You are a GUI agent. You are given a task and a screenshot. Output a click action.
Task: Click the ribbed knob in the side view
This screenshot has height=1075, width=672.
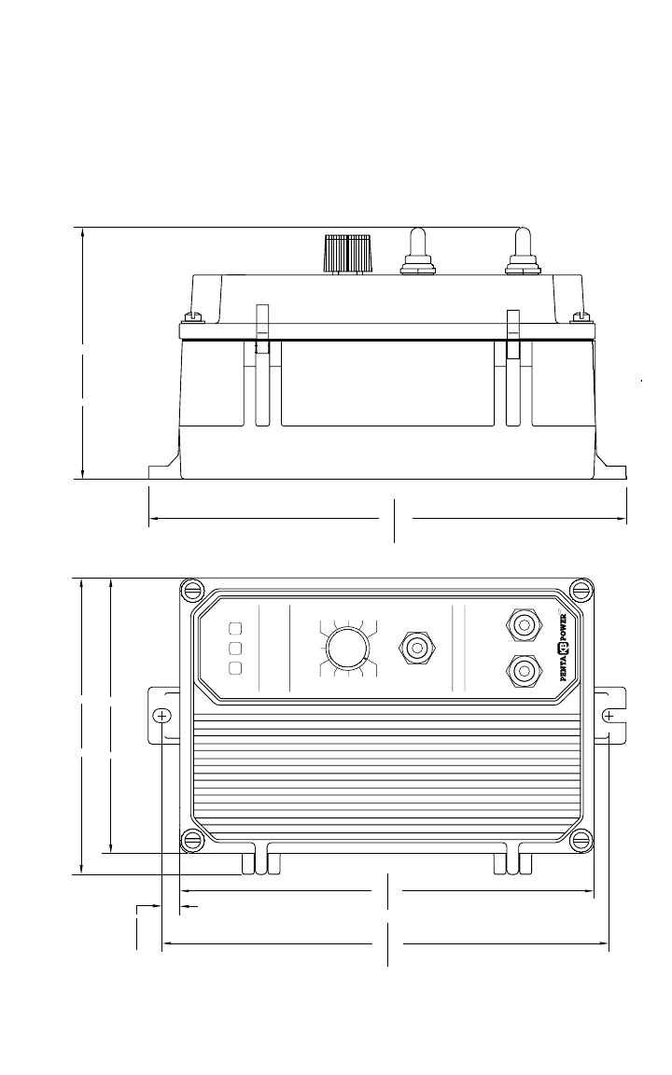[x=346, y=253]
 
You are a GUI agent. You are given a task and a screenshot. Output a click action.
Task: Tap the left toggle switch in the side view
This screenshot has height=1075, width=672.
[x=417, y=253]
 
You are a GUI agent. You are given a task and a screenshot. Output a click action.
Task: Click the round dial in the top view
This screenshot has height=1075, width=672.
[x=346, y=648]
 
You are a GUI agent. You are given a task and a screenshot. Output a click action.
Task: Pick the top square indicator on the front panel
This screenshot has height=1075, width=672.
[x=235, y=628]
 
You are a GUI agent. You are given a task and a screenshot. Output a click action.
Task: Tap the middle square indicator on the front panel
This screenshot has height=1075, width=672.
[x=235, y=648]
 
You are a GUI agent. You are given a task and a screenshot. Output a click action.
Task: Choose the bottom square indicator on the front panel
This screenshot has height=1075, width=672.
[x=235, y=668]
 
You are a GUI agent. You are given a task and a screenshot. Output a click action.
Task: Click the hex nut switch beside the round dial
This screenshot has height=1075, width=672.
[x=415, y=647]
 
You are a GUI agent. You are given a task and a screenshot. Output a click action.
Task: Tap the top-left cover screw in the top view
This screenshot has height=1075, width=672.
[x=192, y=591]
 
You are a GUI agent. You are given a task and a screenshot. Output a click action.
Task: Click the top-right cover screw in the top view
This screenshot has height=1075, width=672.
[x=580, y=591]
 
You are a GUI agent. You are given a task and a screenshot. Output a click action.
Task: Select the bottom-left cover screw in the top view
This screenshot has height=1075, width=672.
[x=192, y=838]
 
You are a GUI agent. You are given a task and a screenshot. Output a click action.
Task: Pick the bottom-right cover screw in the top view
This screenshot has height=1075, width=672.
[x=580, y=838]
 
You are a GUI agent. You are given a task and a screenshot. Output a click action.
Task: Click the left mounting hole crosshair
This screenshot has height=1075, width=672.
[x=162, y=716]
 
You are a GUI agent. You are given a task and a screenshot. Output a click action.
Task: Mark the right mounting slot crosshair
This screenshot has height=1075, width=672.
[x=609, y=716]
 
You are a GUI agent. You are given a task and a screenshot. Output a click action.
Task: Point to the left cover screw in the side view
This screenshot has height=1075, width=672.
[x=195, y=317]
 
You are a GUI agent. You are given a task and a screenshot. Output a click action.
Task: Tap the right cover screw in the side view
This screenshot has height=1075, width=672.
[x=580, y=317]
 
